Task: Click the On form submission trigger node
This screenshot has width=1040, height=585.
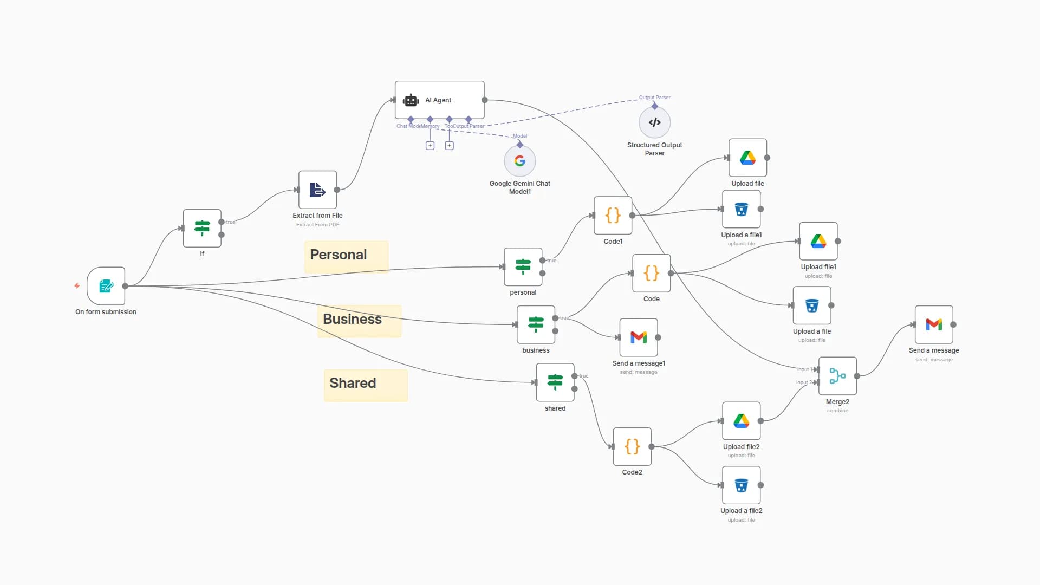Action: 106,286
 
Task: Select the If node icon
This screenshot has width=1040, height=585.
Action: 202,228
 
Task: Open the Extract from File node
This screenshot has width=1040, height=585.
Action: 317,190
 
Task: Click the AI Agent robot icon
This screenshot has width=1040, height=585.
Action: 411,100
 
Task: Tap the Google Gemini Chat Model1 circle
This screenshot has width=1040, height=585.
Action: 519,161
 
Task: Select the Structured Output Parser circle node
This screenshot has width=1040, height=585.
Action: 654,122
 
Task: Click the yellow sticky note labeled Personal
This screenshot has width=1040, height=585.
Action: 346,257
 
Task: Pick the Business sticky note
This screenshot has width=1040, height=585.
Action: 359,321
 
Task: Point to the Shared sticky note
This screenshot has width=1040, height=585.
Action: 366,385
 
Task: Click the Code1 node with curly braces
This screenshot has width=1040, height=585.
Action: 613,216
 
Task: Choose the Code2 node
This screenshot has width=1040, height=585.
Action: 632,446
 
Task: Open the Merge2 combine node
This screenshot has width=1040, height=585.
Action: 837,376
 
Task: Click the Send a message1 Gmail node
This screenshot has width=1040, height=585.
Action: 639,337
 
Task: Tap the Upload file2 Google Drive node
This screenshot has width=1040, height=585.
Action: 741,421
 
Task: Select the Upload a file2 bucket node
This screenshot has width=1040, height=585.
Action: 741,485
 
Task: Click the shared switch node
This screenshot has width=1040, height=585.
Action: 555,382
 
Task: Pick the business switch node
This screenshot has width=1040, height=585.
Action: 536,324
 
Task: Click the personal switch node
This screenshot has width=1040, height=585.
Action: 523,267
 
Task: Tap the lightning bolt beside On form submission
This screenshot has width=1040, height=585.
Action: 77,285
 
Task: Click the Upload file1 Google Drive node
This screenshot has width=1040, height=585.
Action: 818,241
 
